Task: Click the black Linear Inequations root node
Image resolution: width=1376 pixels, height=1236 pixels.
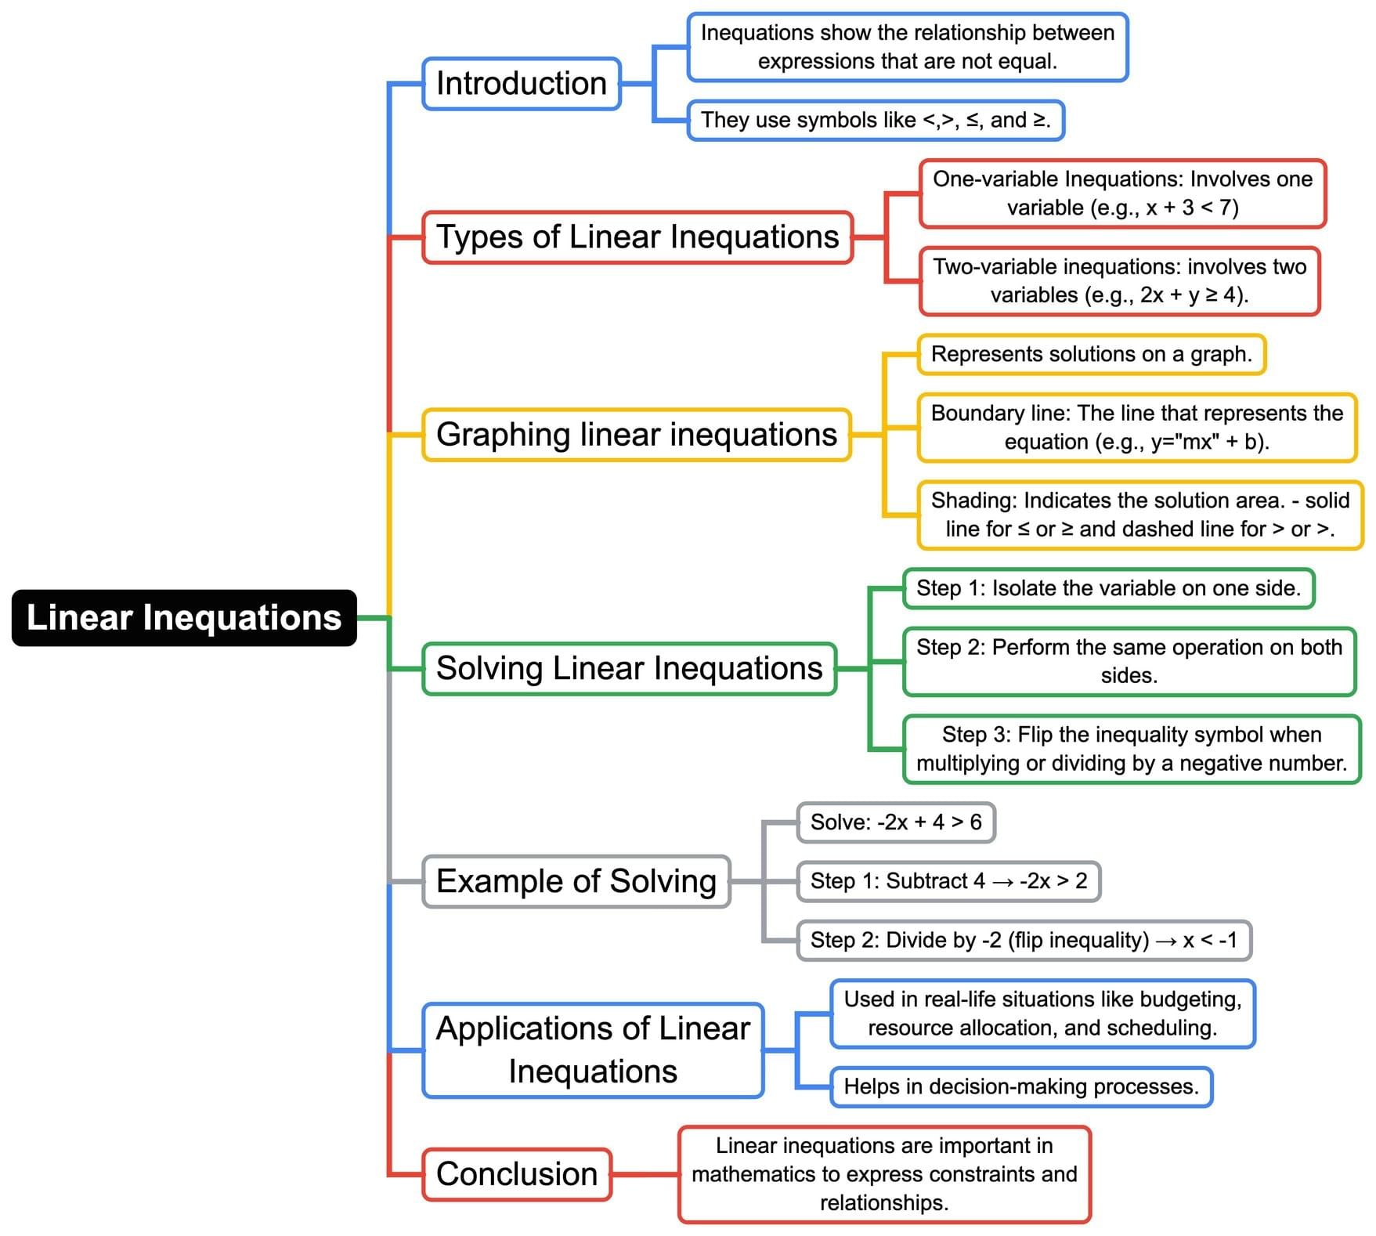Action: click(x=184, y=618)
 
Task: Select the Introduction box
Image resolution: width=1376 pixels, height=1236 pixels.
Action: click(x=521, y=84)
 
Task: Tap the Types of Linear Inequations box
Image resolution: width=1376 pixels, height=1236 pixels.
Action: click(x=637, y=237)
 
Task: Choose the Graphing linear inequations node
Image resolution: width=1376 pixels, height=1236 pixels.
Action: click(x=636, y=435)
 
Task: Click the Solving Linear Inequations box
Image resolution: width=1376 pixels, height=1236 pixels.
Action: click(x=629, y=669)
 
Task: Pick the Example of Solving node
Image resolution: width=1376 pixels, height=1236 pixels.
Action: click(x=576, y=882)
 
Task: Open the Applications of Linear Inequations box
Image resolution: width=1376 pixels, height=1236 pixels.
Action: click(x=592, y=1050)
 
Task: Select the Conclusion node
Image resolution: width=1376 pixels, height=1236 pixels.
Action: click(x=516, y=1174)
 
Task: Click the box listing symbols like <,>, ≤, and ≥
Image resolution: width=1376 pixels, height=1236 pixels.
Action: click(x=875, y=121)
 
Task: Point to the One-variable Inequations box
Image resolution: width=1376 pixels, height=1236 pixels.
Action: click(x=1121, y=193)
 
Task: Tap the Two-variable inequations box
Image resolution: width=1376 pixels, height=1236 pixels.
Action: click(x=1119, y=281)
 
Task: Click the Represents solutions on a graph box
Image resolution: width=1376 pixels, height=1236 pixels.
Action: click(x=1091, y=355)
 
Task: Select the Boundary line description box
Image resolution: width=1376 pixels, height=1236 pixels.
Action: click(x=1136, y=428)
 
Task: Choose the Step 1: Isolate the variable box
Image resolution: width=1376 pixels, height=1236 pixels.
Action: click(x=1108, y=589)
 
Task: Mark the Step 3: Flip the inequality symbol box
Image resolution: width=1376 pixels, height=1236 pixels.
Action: click(x=1131, y=750)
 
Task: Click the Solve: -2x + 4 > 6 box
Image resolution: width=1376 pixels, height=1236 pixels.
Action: click(x=895, y=822)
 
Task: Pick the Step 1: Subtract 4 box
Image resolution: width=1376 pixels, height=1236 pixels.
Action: click(x=948, y=882)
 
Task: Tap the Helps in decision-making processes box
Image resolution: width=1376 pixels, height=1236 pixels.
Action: click(x=1020, y=1087)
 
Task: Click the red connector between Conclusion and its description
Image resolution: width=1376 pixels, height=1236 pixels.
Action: click(x=645, y=1174)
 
